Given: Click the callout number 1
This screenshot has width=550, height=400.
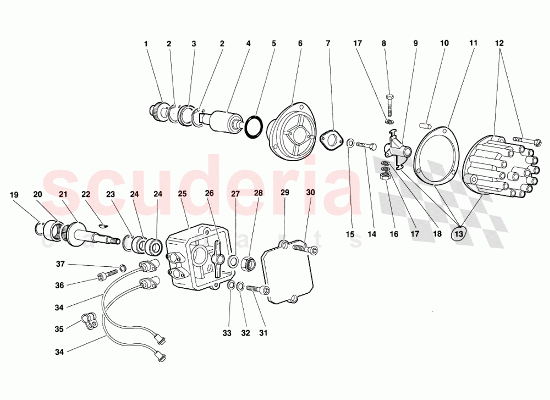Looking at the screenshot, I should pyautogui.click(x=146, y=43).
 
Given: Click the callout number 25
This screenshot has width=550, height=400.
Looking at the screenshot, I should pyautogui.click(x=183, y=194).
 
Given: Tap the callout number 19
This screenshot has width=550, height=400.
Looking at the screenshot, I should pyautogui.click(x=14, y=194).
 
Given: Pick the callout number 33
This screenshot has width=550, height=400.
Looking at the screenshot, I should pyautogui.click(x=227, y=333).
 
